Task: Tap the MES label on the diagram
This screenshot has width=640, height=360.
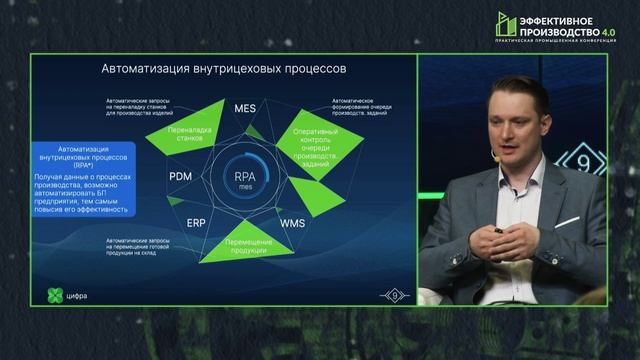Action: click(245, 108)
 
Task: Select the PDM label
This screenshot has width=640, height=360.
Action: click(181, 176)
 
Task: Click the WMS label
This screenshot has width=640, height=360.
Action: click(292, 222)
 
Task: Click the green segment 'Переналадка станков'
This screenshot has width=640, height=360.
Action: click(186, 134)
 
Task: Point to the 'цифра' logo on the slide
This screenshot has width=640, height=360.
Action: click(67, 295)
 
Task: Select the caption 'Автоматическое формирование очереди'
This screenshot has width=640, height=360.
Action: click(357, 106)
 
